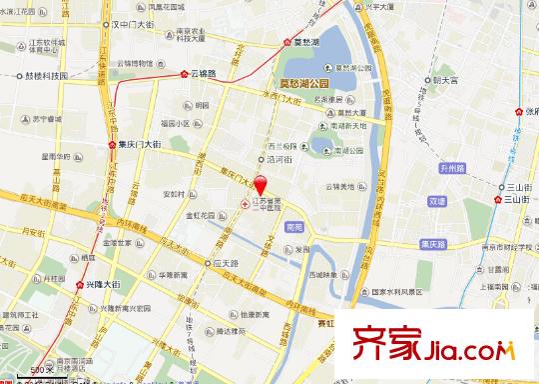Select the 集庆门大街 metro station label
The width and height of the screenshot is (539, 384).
point(134,144)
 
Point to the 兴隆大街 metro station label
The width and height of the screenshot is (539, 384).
point(97,285)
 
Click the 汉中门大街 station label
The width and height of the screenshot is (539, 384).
point(141,21)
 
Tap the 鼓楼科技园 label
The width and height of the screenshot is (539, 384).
point(44,75)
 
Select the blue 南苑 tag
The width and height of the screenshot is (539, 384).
point(292,228)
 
